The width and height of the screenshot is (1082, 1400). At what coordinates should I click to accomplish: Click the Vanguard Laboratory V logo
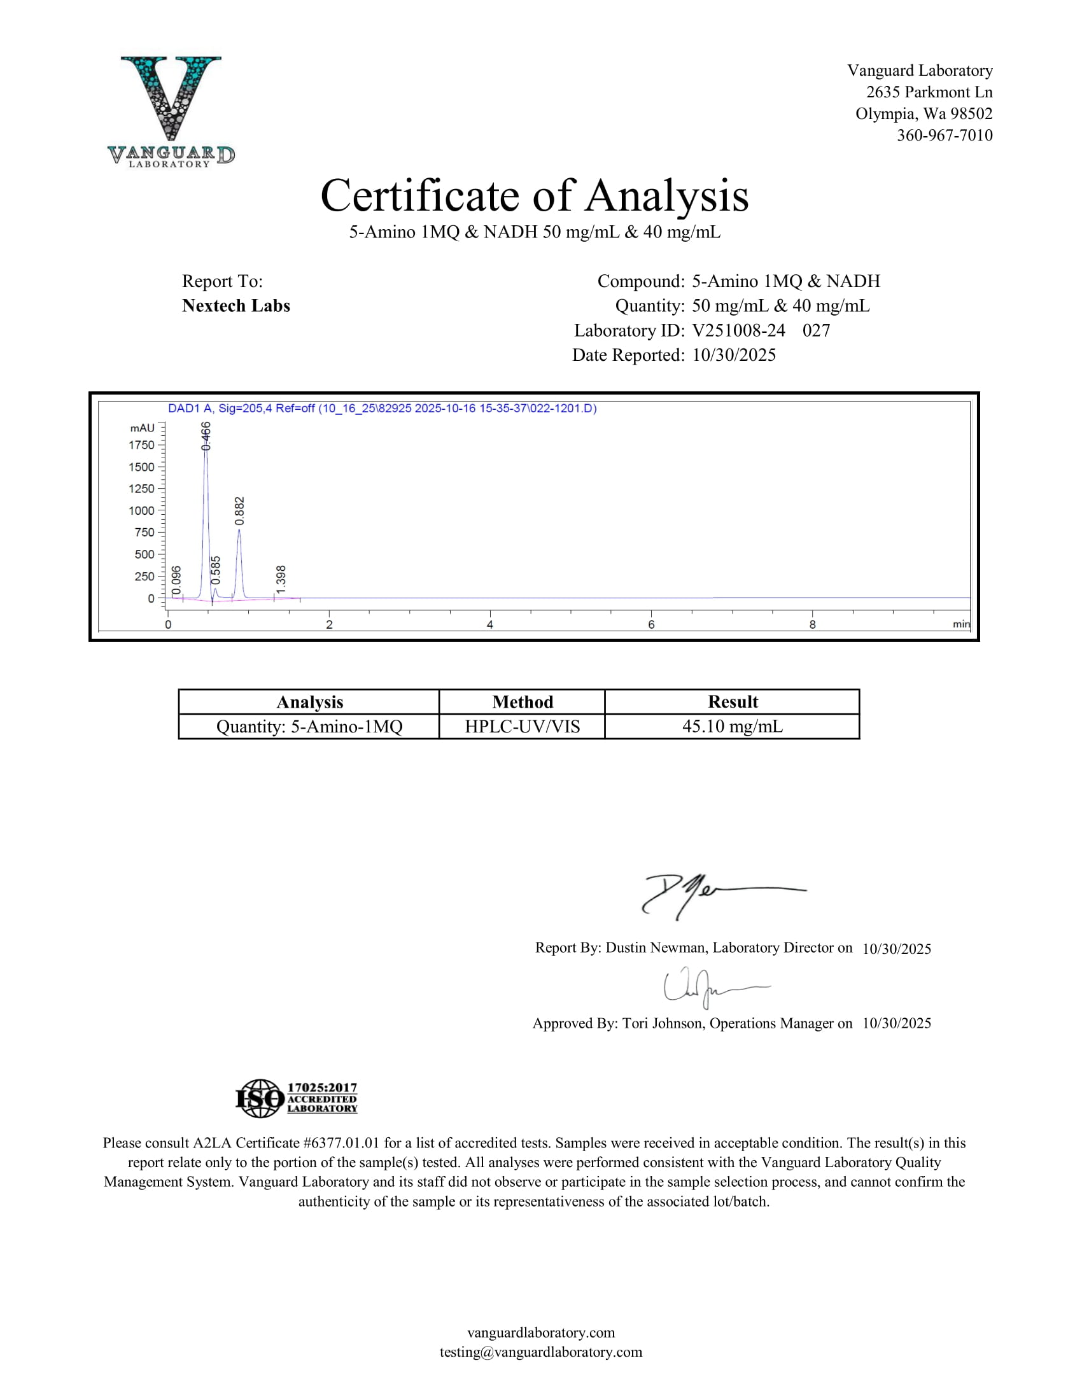coord(171,110)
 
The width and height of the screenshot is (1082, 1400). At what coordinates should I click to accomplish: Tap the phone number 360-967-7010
coord(944,136)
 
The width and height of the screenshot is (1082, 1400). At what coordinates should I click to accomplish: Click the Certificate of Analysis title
coord(534,195)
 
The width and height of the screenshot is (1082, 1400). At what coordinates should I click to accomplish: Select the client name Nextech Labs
coord(236,305)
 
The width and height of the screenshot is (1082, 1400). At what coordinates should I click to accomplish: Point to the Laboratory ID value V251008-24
coord(738,330)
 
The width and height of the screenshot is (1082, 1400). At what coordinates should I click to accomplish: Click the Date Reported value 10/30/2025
coord(734,355)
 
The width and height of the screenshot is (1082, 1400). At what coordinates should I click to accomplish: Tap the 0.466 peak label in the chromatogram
coord(206,435)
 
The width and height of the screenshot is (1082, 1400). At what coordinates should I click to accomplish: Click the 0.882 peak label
coord(240,511)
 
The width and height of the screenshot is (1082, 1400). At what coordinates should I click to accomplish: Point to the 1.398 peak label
coord(281,579)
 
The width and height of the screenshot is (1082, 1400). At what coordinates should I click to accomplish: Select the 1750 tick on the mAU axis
coord(142,445)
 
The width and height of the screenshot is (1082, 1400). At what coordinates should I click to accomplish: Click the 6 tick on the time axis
coord(651,624)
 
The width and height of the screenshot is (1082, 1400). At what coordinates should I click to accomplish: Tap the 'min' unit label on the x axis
coord(961,624)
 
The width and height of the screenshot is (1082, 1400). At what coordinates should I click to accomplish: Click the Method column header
coord(523,702)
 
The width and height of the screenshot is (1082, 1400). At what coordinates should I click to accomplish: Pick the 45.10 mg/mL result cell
coord(732,726)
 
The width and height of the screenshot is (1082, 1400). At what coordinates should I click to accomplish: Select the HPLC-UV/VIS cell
coord(523,726)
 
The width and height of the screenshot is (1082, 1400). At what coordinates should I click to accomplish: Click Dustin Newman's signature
coord(712,894)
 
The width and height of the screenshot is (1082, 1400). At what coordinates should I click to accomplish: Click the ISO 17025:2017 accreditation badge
coord(296,1098)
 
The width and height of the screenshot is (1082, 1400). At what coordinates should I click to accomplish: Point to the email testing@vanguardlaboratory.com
coord(540,1352)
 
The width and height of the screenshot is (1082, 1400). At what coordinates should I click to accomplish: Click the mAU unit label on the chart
coord(143,428)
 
